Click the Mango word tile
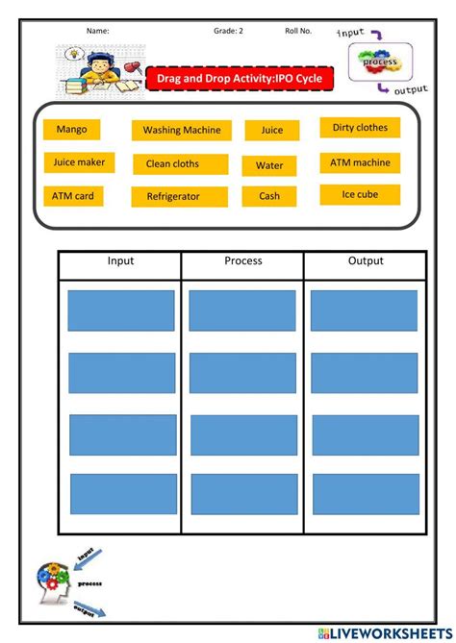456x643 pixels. (x=71, y=129)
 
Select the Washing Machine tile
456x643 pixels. (x=182, y=130)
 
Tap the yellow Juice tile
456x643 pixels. (x=272, y=130)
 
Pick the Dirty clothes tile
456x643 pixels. (x=360, y=128)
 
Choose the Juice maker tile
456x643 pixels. (x=80, y=162)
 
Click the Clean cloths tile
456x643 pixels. (x=181, y=164)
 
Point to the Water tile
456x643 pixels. (x=269, y=165)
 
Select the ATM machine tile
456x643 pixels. (x=360, y=162)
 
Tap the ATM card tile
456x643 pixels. (x=73, y=196)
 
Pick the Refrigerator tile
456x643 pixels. (x=180, y=196)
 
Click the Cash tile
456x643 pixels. (x=269, y=196)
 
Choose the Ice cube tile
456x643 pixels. (x=360, y=194)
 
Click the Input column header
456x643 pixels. (x=120, y=261)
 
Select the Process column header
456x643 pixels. (x=242, y=261)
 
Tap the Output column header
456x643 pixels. (x=365, y=261)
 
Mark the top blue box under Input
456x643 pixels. (x=121, y=310)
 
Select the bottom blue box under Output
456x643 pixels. (x=365, y=494)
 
